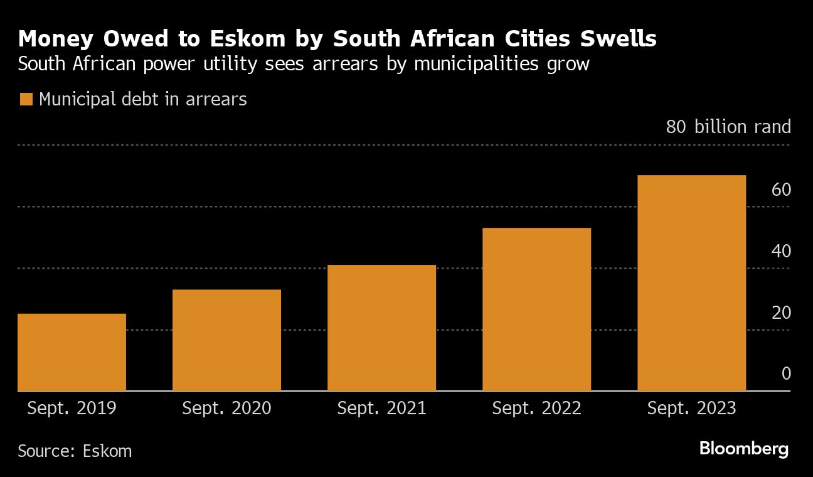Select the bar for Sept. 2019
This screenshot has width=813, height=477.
[72, 352]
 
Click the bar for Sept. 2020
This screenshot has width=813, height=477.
[226, 340]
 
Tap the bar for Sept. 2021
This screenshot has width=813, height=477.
[381, 328]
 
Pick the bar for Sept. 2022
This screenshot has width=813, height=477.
[536, 309]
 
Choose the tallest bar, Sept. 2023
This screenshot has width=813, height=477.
[691, 283]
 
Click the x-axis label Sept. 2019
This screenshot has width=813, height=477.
[72, 409]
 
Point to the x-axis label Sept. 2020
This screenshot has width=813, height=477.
[226, 409]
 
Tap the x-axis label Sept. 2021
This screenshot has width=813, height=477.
[381, 409]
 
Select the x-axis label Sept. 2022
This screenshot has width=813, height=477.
[536, 409]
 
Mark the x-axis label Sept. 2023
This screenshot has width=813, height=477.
[691, 409]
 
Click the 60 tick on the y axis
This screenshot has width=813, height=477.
[781, 190]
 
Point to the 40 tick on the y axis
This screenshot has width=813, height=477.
[781, 251]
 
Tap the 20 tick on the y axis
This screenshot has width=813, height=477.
[781, 313]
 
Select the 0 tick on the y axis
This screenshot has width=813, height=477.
[785, 374]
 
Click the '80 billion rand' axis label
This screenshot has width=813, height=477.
[728, 127]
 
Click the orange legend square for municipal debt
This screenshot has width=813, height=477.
[26, 99]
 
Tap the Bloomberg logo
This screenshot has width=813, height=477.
[743, 449]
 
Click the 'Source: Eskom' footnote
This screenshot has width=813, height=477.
[75, 451]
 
